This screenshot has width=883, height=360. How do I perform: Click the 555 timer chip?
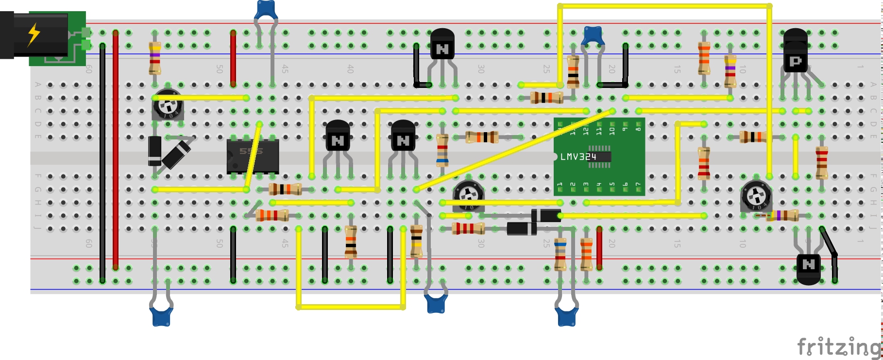click(x=253, y=156)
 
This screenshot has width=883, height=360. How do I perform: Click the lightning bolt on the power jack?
click(x=34, y=34)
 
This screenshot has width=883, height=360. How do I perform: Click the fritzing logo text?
click(x=838, y=347)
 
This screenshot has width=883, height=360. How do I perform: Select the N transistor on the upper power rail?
click(x=442, y=45)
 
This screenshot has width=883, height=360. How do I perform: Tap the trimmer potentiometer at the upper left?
click(x=168, y=104)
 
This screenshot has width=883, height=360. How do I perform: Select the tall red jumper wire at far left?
click(x=116, y=151)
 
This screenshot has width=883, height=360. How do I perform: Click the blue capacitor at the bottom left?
click(x=161, y=316)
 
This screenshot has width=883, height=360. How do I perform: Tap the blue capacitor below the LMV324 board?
click(x=566, y=316)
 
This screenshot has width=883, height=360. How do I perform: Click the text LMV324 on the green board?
click(x=578, y=156)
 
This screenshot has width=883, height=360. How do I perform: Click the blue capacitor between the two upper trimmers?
click(x=593, y=35)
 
